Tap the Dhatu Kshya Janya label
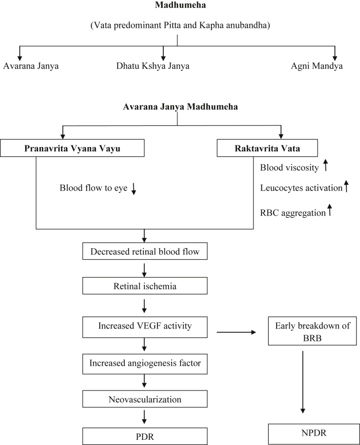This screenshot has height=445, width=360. [153, 66]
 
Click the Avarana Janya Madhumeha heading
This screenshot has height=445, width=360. [180, 107]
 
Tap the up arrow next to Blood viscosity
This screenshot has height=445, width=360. [326, 167]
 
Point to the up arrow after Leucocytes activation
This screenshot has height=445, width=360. [346, 186]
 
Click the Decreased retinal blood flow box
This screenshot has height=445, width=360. [144, 251]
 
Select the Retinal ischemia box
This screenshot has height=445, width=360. [144, 287]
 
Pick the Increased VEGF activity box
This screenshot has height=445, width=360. [144, 326]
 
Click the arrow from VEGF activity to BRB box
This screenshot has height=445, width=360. [236, 332]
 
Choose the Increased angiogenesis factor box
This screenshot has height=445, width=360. [144, 363]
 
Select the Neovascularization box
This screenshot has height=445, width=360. [144, 399]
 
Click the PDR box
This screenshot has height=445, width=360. [144, 436]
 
